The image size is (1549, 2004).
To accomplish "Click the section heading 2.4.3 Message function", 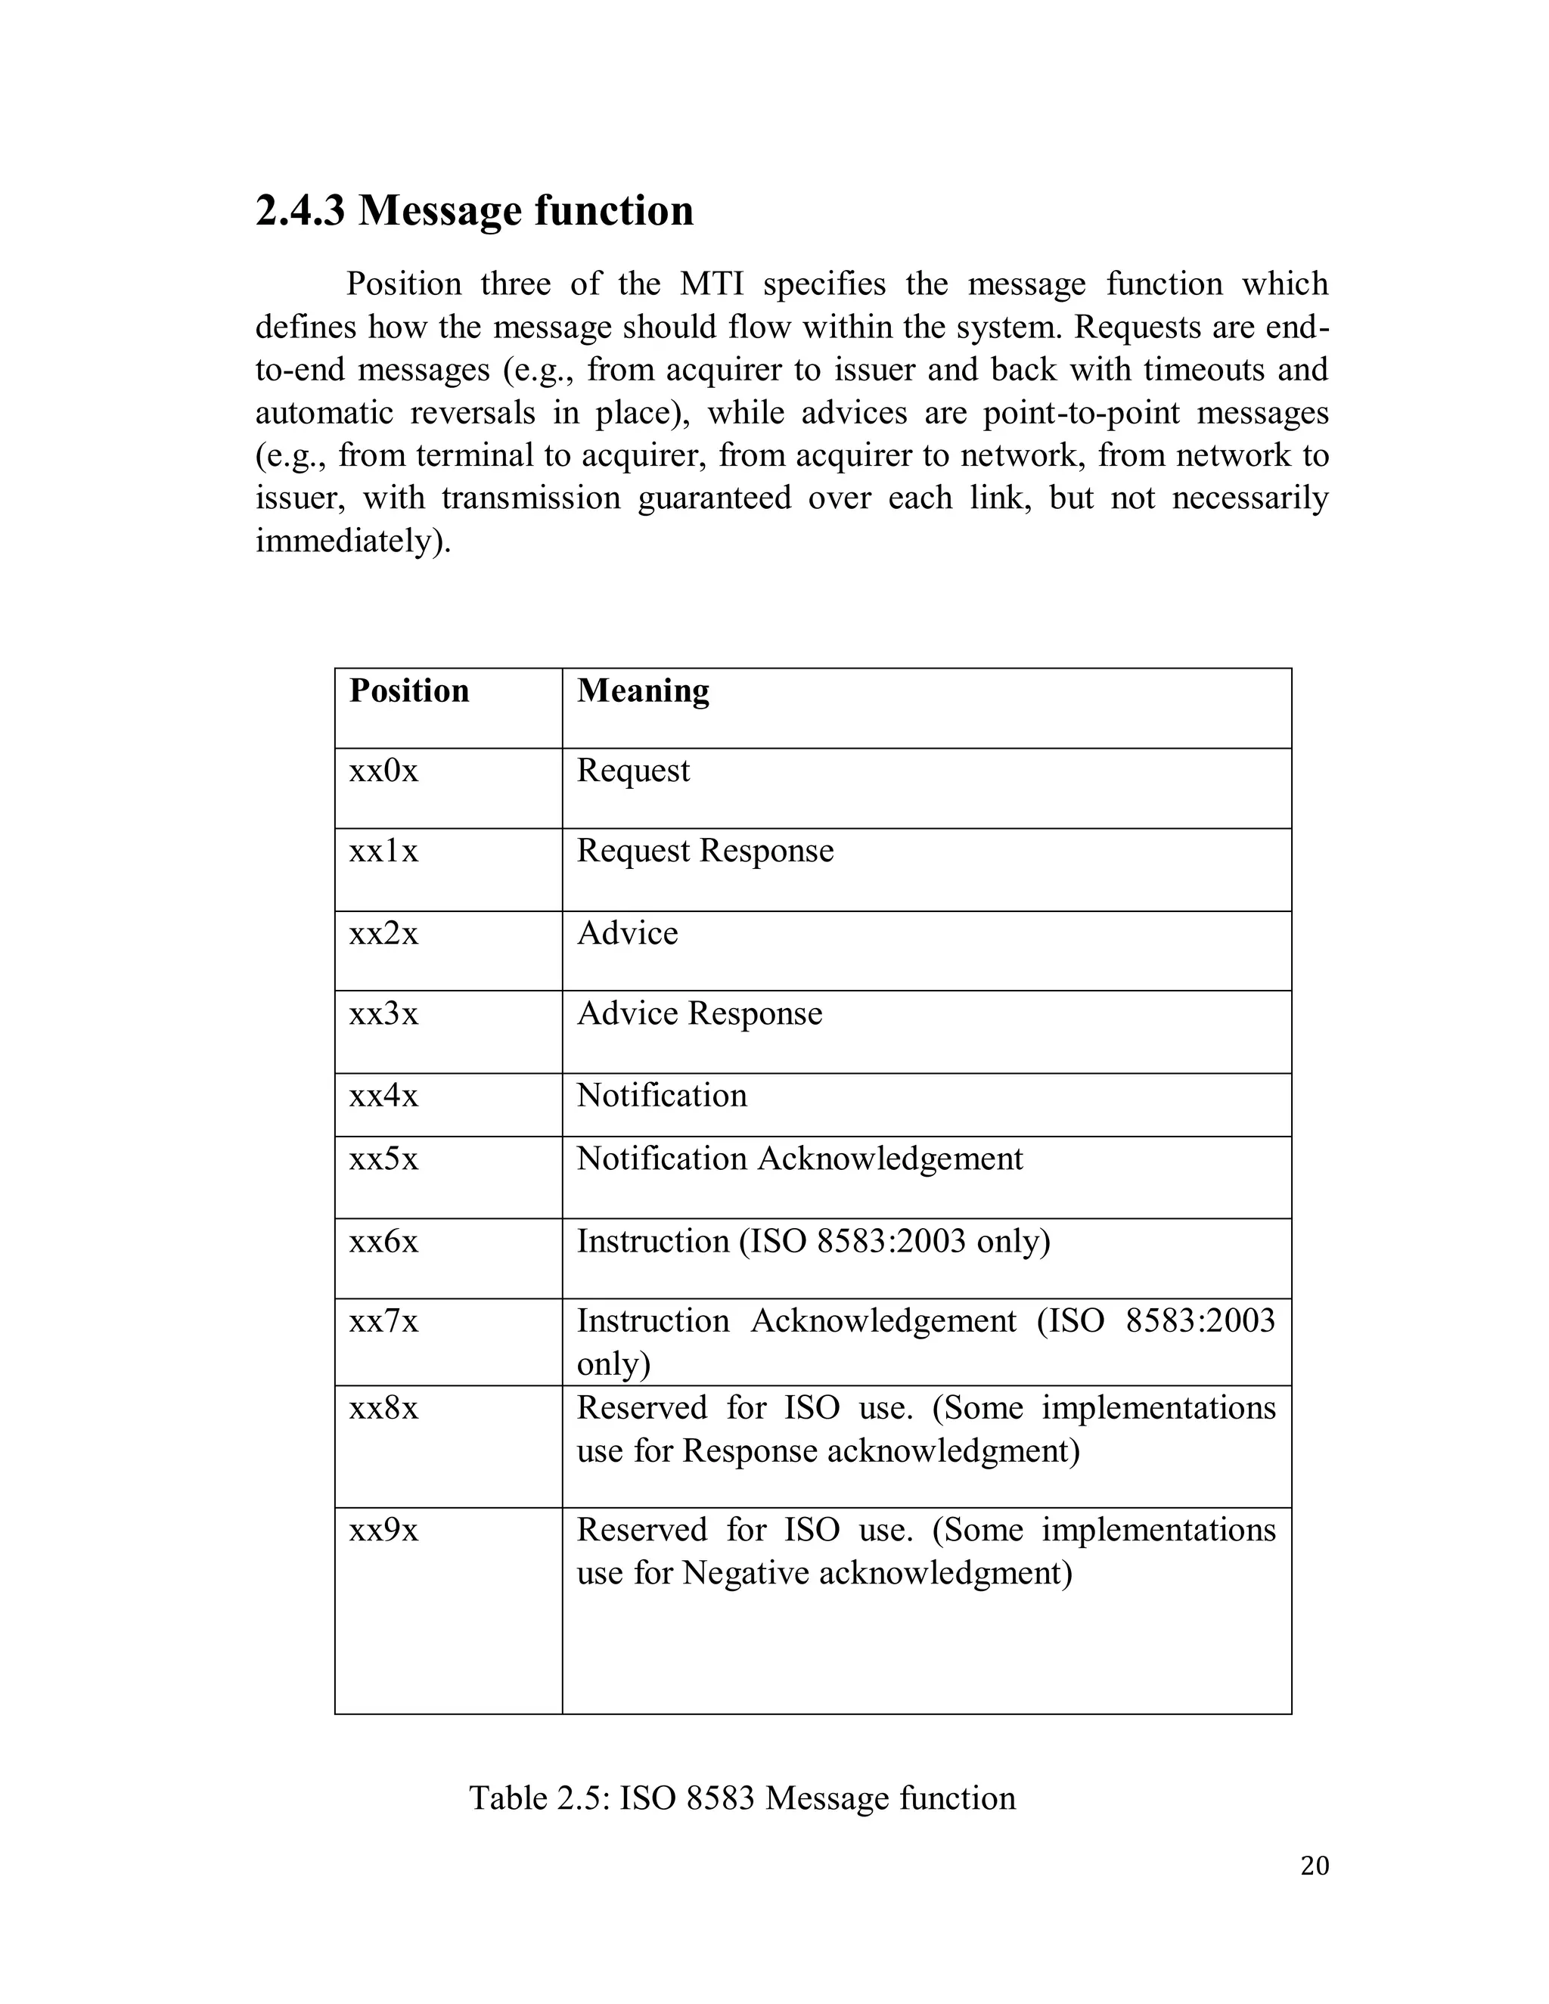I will [473, 210].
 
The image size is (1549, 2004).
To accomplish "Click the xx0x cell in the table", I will [383, 770].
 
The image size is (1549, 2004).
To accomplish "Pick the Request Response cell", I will [705, 851].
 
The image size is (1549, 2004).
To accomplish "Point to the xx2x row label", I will [383, 933].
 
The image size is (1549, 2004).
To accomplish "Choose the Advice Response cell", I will [700, 1013].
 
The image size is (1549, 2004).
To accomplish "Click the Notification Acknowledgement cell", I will [799, 1158].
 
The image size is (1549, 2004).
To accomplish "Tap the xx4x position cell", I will [383, 1096].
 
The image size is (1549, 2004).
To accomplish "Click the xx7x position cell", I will [383, 1321].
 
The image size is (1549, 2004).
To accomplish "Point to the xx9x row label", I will [383, 1531].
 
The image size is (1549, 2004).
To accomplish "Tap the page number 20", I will [1314, 1866].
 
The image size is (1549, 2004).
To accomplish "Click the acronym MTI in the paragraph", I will [711, 284].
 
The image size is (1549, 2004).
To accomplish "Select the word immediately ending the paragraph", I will [353, 541].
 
